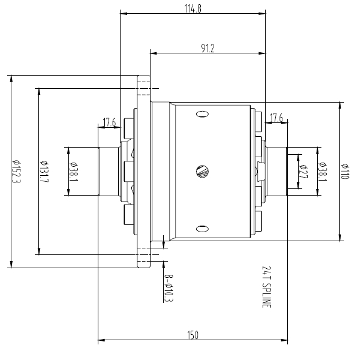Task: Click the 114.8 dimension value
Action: [192, 7]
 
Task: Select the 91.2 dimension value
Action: [207, 49]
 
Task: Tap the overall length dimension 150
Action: [192, 335]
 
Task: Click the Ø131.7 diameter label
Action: [44, 172]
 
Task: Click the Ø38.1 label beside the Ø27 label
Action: [323, 172]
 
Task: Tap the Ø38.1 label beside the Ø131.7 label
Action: [73, 172]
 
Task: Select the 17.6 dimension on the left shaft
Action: [109, 123]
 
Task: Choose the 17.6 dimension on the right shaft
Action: [276, 118]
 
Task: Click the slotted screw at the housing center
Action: [203, 172]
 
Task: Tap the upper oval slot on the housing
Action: [202, 114]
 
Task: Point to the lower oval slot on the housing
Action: [202, 228]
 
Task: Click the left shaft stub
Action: [108, 172]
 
